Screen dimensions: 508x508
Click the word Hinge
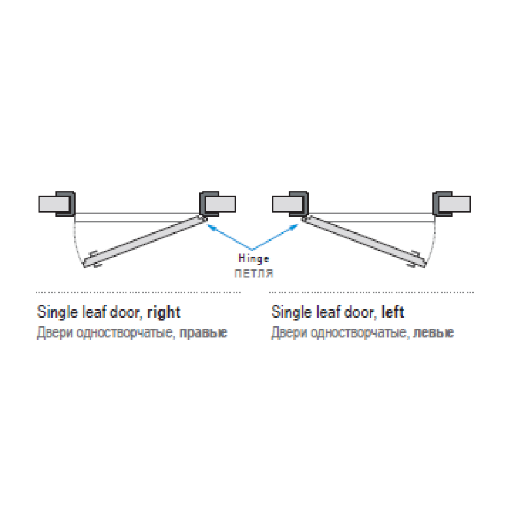click(253, 258)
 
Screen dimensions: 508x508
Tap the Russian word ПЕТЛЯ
click(254, 274)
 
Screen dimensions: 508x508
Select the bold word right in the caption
click(164, 312)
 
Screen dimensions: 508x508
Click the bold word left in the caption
click(392, 312)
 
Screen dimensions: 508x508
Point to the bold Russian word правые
click(203, 333)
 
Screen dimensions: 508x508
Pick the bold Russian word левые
click(434, 333)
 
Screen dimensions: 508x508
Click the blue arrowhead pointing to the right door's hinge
click(211, 227)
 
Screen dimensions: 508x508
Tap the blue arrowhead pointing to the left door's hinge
click(293, 227)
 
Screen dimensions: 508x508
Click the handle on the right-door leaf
click(95, 259)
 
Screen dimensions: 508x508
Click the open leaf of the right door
click(145, 241)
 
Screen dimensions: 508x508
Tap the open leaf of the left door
click(363, 241)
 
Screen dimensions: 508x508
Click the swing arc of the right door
click(77, 246)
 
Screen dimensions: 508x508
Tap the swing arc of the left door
click(432, 246)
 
